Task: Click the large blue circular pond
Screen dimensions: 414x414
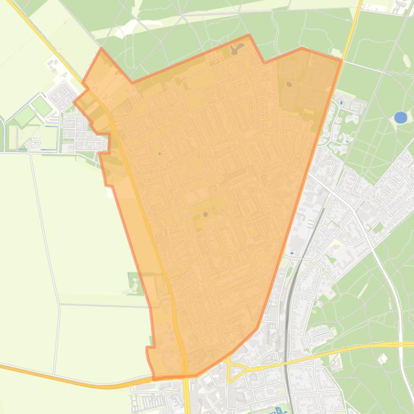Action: pos(401,117)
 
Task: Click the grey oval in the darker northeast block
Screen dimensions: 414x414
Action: pos(289,84)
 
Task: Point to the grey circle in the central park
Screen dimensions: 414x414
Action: pos(206,215)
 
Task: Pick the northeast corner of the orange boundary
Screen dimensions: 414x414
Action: pos(341,60)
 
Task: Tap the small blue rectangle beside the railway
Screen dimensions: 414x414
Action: pos(292,253)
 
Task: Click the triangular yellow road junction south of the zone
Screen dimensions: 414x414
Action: pos(235,370)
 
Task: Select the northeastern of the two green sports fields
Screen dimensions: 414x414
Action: pos(41,105)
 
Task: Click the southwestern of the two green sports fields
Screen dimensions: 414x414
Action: pos(25,116)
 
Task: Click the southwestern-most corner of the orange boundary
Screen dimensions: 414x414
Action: pos(153,379)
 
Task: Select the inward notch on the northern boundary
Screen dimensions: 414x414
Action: pos(264,62)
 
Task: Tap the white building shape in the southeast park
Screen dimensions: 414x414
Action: pos(383,358)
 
